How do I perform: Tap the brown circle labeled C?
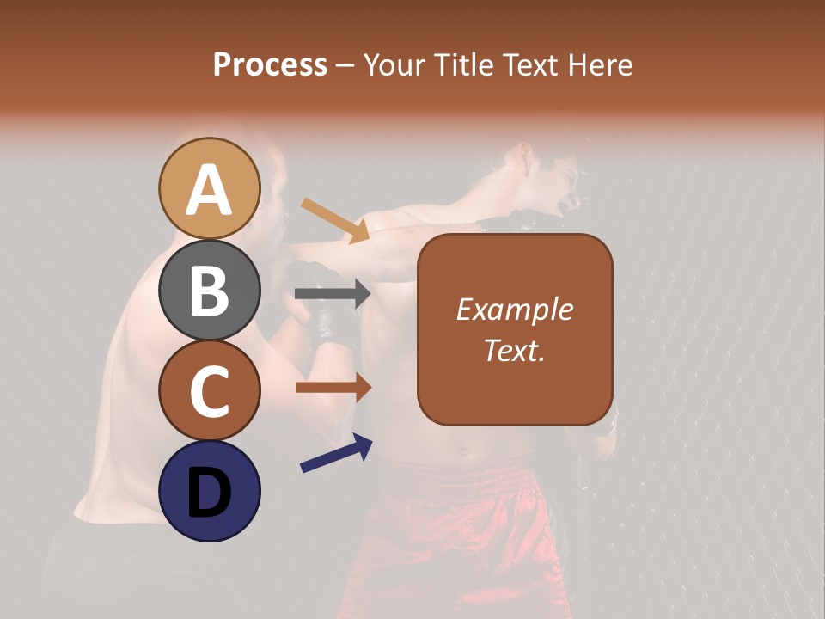[x=209, y=391]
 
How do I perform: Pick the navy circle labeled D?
[x=209, y=492]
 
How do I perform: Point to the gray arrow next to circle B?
[x=332, y=294]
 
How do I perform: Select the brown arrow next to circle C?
[x=332, y=387]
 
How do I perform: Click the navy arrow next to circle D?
[x=335, y=453]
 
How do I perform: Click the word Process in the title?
[x=270, y=64]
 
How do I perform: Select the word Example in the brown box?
[x=514, y=309]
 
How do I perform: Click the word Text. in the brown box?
[x=514, y=350]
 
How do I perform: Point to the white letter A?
[x=209, y=190]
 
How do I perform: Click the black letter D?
[x=209, y=493]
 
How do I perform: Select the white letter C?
[x=209, y=392]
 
